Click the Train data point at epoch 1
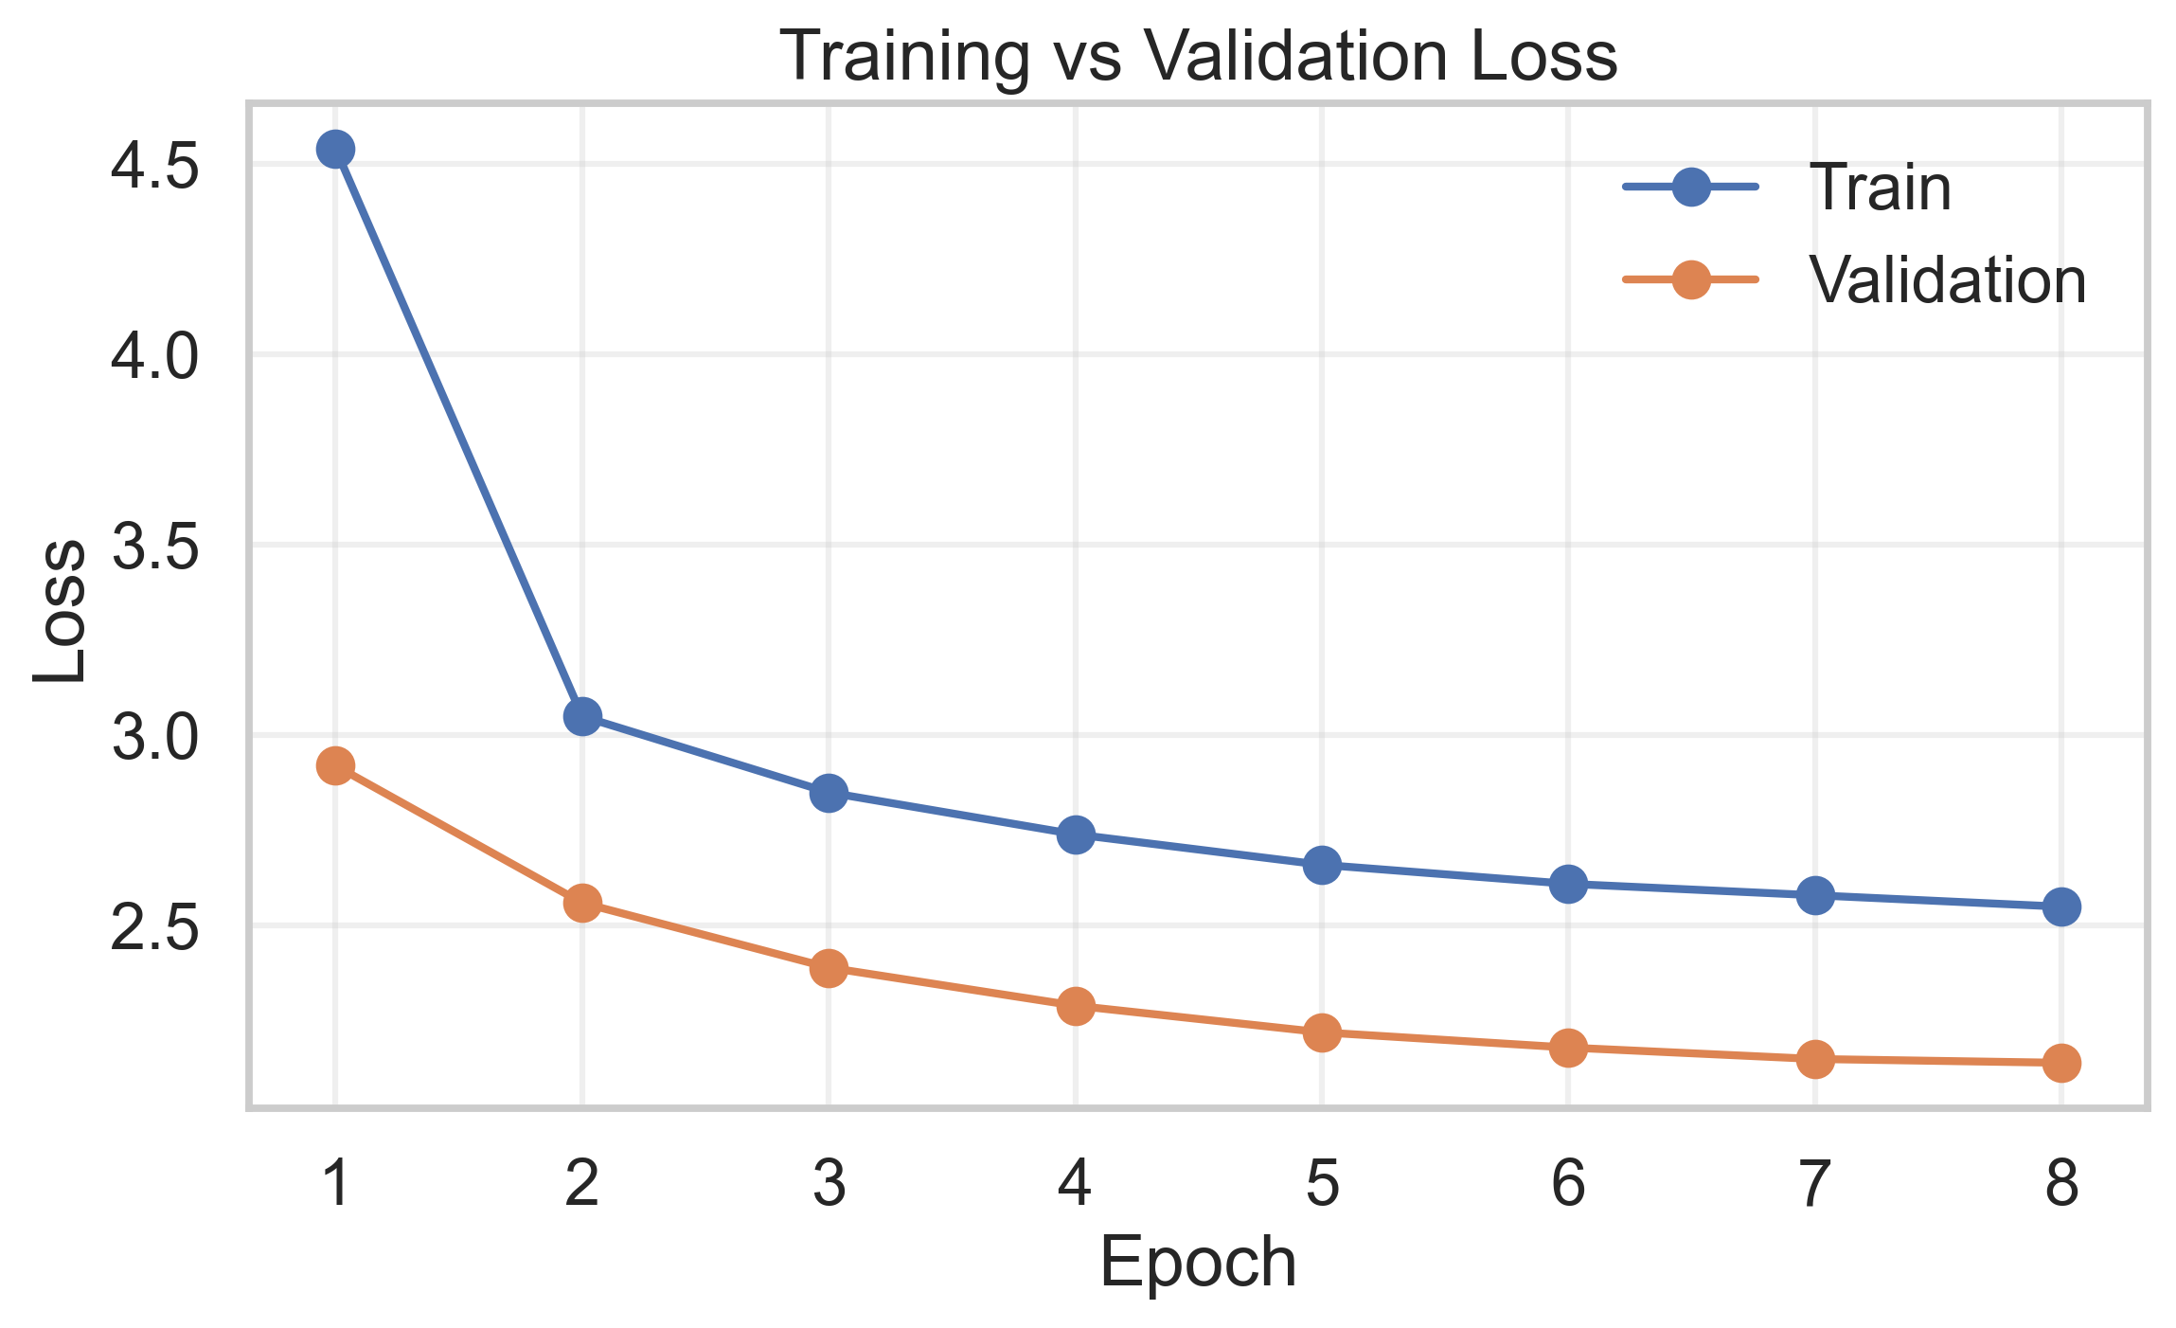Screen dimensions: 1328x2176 (335, 149)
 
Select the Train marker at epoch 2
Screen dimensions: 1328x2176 (582, 716)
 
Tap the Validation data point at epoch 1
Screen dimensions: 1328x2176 (335, 765)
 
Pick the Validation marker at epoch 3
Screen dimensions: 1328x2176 (829, 968)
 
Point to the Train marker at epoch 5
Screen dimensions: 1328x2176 (1322, 865)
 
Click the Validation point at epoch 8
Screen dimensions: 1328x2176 (2061, 1063)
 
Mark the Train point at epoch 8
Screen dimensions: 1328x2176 (2061, 906)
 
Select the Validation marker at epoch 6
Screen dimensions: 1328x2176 (1568, 1048)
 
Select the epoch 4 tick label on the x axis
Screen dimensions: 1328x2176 (1075, 1183)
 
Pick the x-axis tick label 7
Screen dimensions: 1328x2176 (1814, 1183)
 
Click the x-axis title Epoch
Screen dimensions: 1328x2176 (1198, 1263)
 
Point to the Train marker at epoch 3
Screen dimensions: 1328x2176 (829, 793)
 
